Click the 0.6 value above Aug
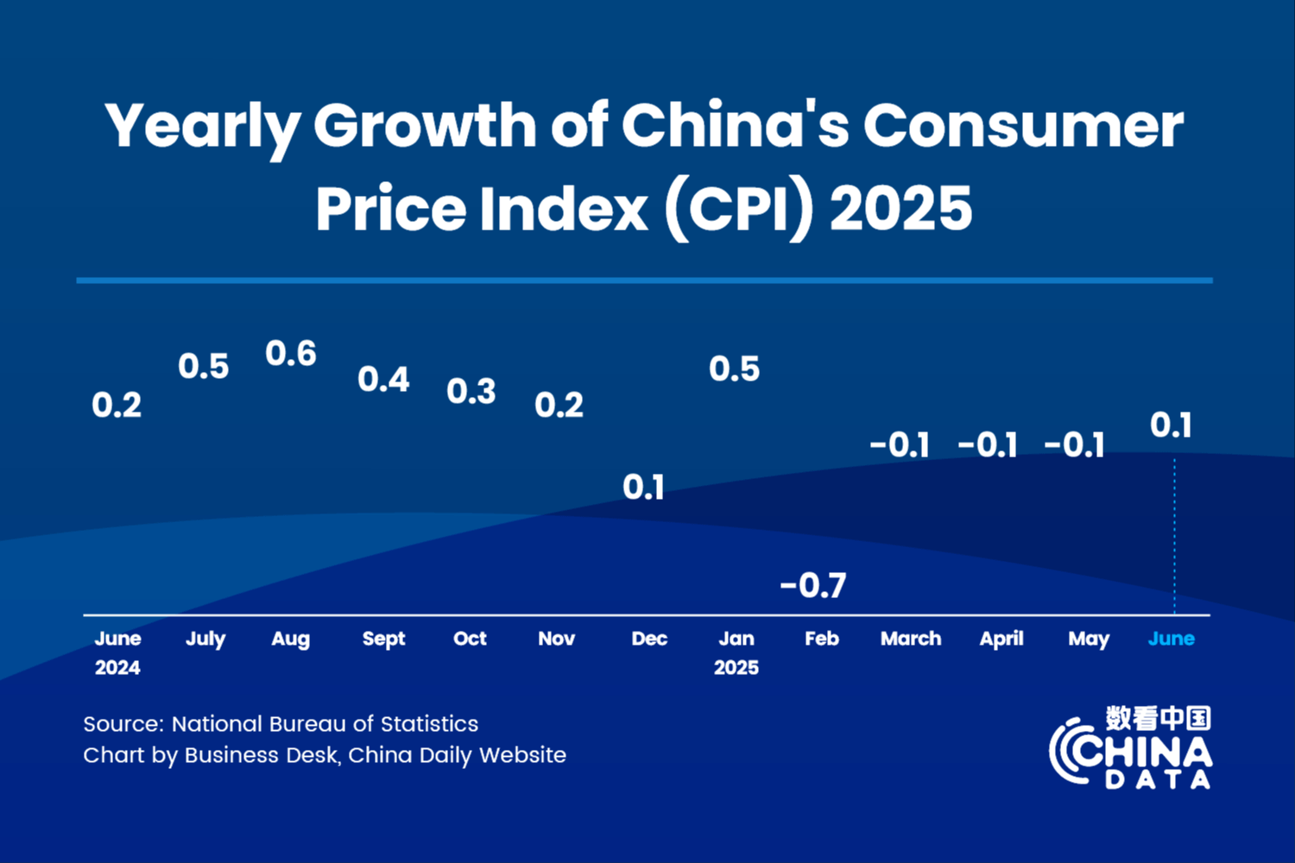(x=291, y=354)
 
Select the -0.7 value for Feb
(x=813, y=586)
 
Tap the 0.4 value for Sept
(x=383, y=380)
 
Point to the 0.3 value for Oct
(x=471, y=392)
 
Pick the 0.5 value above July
(x=204, y=367)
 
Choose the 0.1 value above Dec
(x=644, y=488)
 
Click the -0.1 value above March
(x=900, y=445)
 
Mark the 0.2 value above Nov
(x=559, y=406)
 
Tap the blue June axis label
(x=1172, y=639)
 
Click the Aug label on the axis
(x=290, y=639)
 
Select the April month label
(x=1001, y=639)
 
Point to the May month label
(x=1089, y=639)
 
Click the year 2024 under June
(x=117, y=667)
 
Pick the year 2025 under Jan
(x=736, y=667)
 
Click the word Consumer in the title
(x=1023, y=126)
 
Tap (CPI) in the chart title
(x=739, y=209)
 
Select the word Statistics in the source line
(x=429, y=724)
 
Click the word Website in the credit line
(x=522, y=755)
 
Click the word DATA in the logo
(x=1158, y=780)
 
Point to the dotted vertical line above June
(x=1174, y=535)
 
